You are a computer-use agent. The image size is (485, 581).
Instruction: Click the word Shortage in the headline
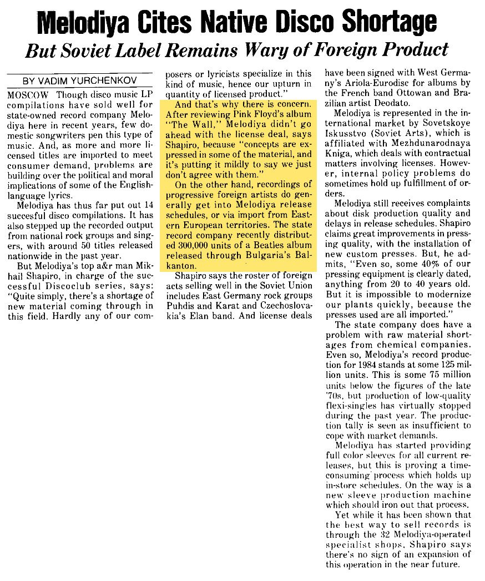pos(388,22)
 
